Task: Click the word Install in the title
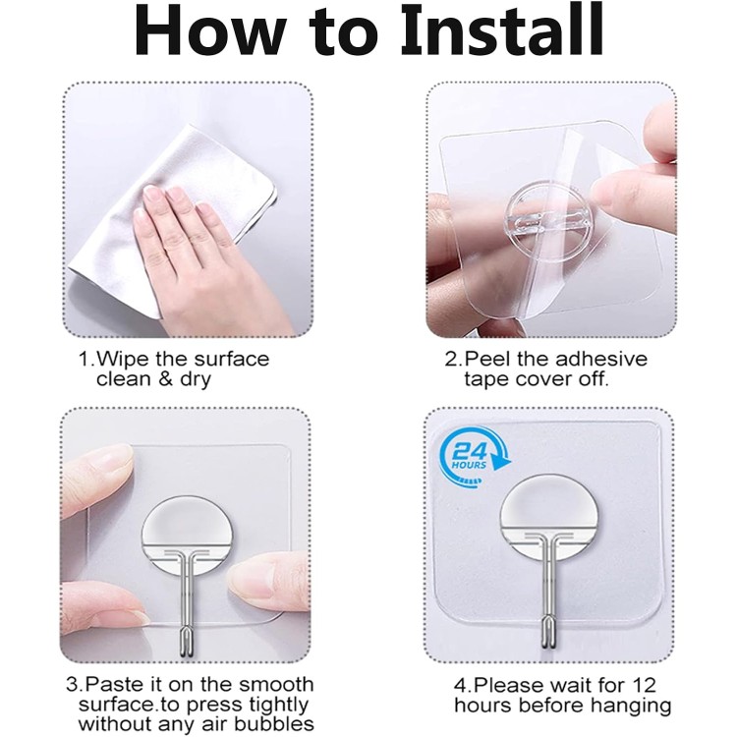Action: pyautogui.click(x=502, y=30)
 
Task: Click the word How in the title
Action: pyautogui.click(x=210, y=30)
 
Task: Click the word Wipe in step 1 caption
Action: pyautogui.click(x=122, y=359)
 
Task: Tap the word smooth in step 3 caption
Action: pyautogui.click(x=276, y=684)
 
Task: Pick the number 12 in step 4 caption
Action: pyautogui.click(x=643, y=685)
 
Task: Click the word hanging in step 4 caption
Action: pyautogui.click(x=631, y=706)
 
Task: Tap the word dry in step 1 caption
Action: pyautogui.click(x=196, y=379)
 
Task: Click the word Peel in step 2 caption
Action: pyautogui.click(x=487, y=359)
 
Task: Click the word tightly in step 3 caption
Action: pyautogui.click(x=278, y=705)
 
